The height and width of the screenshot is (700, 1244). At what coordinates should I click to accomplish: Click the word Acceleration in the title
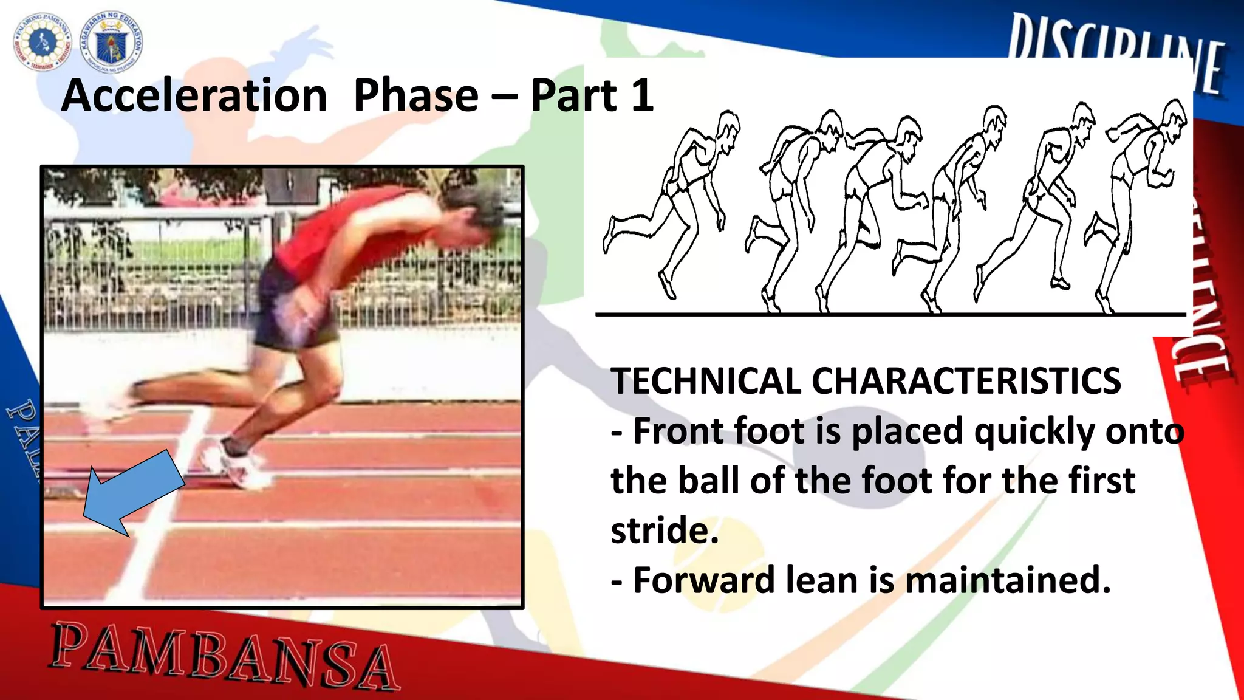[194, 96]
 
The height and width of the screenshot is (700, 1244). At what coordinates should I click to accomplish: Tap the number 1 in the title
[641, 96]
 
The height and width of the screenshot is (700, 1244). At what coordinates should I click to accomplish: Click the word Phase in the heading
[416, 96]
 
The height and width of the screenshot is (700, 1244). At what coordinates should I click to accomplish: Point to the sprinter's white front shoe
[240, 465]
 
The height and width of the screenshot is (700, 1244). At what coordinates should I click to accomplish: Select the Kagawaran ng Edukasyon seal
[112, 41]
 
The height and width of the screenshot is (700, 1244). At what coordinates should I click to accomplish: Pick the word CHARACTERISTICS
[966, 382]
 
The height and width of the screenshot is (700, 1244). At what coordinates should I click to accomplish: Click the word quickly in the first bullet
[1033, 431]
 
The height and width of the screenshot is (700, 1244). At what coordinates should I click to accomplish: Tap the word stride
[664, 530]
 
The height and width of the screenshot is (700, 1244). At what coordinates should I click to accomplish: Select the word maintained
[1008, 580]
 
